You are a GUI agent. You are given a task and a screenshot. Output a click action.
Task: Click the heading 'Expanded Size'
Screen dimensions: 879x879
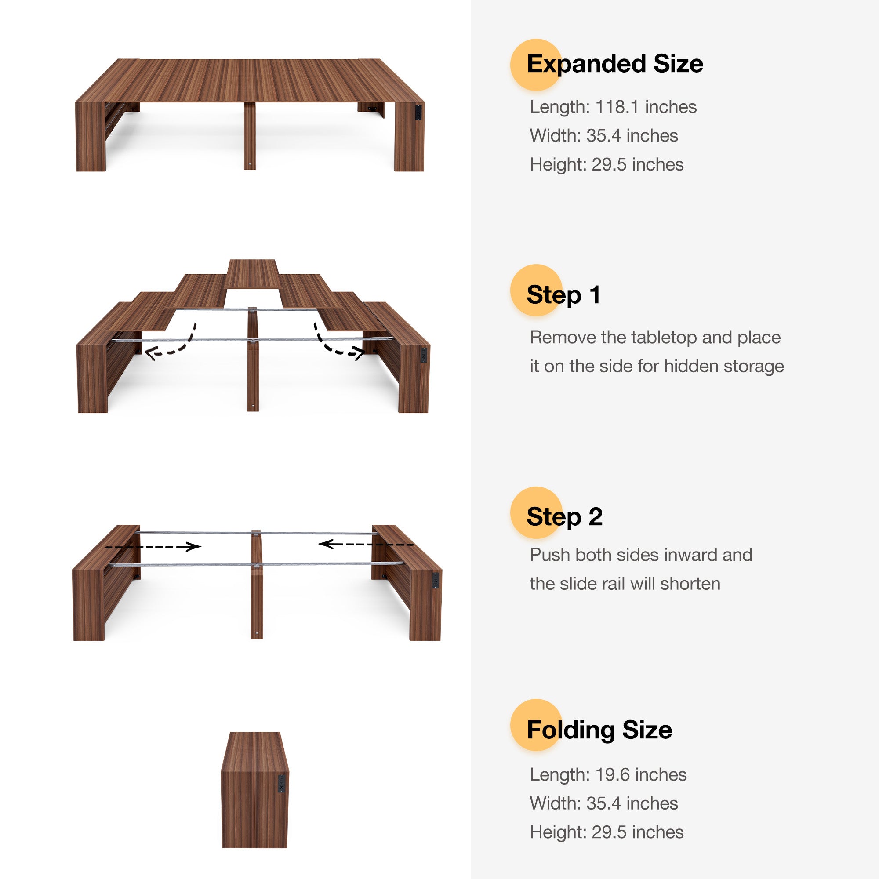coord(615,64)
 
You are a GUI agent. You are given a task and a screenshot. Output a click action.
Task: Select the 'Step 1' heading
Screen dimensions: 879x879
coord(563,295)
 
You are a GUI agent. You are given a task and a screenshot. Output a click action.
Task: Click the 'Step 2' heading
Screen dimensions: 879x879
coord(564,517)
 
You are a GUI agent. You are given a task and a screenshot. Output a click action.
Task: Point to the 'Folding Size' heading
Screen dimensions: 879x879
coord(599,730)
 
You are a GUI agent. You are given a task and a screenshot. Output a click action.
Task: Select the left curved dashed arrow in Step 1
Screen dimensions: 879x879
coord(172,344)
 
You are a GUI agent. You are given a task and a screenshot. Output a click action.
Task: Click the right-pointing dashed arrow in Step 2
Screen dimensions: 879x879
coord(154,547)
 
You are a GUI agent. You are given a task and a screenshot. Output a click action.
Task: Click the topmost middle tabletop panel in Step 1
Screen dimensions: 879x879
coord(253,274)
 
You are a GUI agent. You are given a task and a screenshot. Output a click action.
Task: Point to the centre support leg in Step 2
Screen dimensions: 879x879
coord(257,587)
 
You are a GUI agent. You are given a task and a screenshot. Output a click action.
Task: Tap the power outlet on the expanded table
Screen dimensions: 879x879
coord(418,113)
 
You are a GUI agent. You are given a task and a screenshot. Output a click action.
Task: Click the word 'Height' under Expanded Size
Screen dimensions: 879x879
coord(558,165)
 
